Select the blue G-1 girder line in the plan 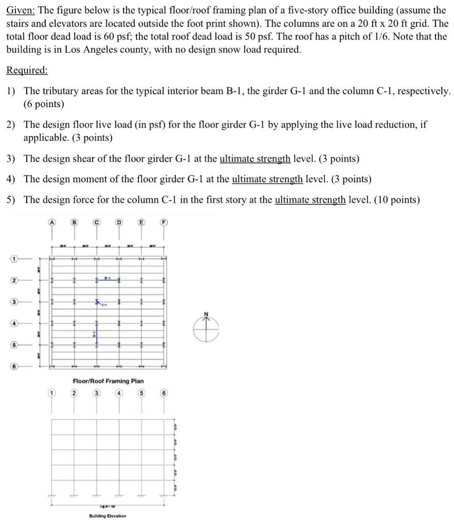pos(95,335)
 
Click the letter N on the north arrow pos(207,314)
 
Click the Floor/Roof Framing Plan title pos(108,381)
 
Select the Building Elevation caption pos(108,516)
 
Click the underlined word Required pos(27,71)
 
